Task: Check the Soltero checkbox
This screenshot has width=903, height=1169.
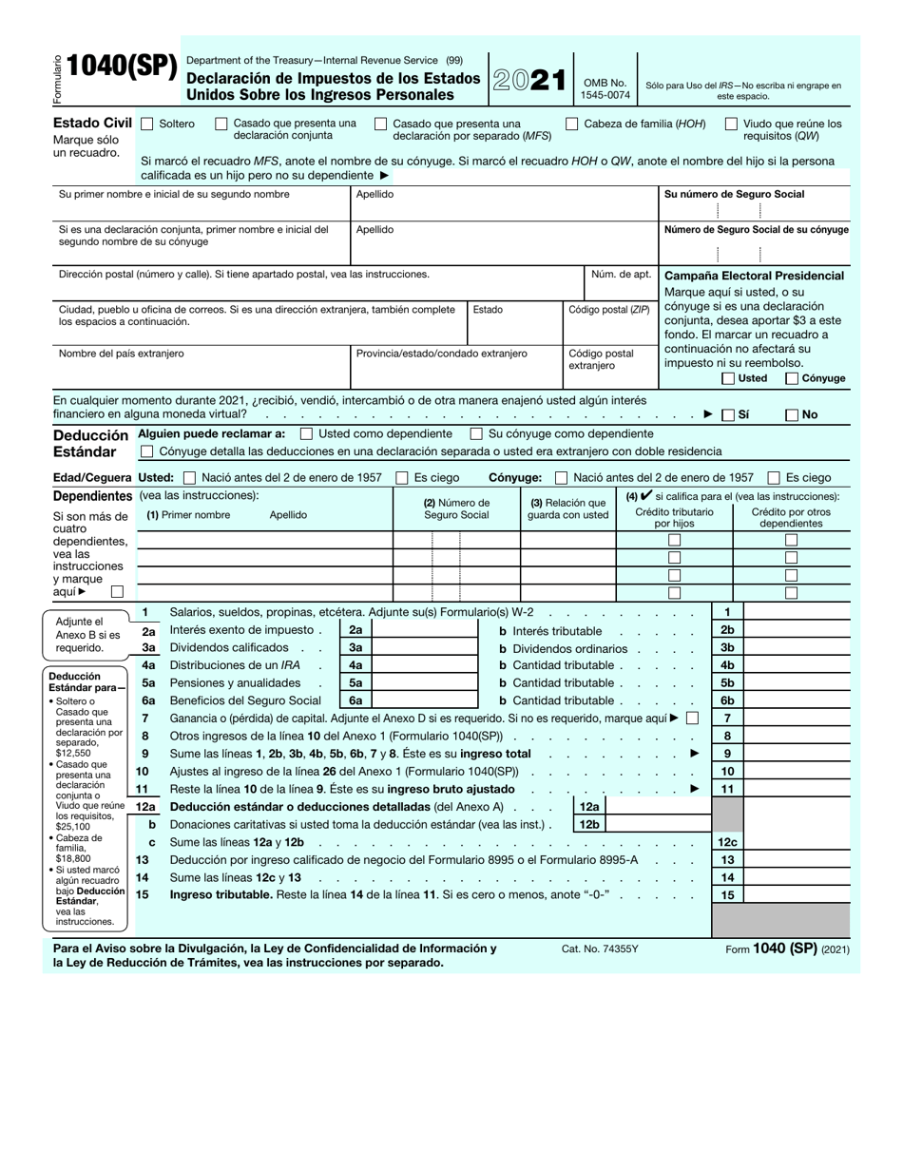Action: (x=147, y=124)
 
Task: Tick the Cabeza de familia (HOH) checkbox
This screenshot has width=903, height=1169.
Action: (x=572, y=124)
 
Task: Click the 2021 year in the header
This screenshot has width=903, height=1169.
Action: (x=529, y=82)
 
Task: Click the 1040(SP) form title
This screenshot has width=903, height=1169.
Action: (x=122, y=67)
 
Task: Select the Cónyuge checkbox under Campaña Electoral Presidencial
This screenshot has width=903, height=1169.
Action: (x=792, y=378)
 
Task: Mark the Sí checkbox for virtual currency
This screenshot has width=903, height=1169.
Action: (x=728, y=414)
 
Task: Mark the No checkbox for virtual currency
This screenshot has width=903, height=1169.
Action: (x=792, y=414)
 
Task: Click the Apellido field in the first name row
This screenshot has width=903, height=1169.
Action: (x=504, y=203)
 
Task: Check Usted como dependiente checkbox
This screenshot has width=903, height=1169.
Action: (x=306, y=433)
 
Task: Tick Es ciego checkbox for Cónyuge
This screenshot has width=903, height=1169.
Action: (x=774, y=477)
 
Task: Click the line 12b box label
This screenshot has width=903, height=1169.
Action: (x=589, y=824)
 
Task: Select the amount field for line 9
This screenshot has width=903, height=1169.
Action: (x=796, y=754)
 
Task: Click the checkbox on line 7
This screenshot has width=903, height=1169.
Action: (x=692, y=719)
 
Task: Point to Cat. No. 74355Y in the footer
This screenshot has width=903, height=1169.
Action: (x=600, y=949)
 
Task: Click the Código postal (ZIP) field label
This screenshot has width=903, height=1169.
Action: (x=609, y=310)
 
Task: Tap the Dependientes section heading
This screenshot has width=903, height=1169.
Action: (x=92, y=496)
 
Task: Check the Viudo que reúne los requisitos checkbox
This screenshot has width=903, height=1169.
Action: (x=731, y=124)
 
